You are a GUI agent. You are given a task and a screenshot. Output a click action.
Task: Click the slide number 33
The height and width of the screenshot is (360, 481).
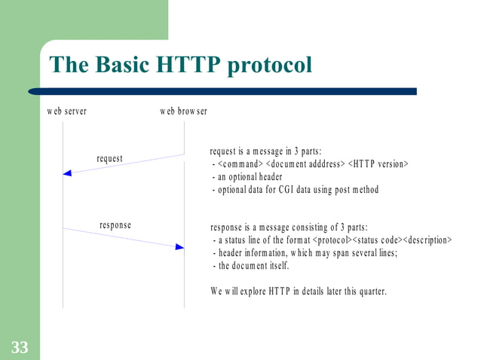(x=20, y=347)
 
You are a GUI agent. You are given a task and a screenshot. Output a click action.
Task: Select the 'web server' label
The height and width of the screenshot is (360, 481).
(x=66, y=111)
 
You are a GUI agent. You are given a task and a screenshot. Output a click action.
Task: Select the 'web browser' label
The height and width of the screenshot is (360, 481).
(x=183, y=111)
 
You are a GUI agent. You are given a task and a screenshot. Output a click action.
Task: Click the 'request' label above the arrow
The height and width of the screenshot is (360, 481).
(x=109, y=158)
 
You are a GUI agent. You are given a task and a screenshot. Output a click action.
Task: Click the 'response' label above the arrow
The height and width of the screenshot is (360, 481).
(x=115, y=225)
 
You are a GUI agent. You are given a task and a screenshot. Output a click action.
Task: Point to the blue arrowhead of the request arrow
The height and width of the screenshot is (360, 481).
(x=67, y=173)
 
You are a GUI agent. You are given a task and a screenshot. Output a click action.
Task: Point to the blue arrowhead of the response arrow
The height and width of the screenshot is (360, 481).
(x=179, y=246)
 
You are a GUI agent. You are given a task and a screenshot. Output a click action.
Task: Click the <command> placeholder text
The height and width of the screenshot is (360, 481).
(x=240, y=164)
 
